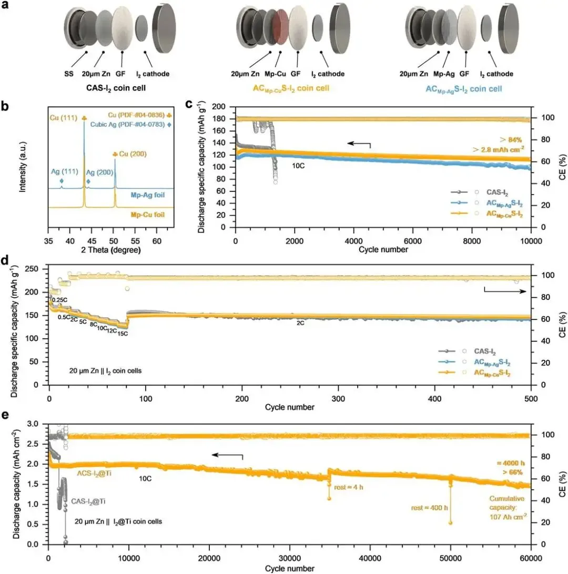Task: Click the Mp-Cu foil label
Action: [x=151, y=215]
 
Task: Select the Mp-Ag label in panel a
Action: [x=451, y=74]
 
